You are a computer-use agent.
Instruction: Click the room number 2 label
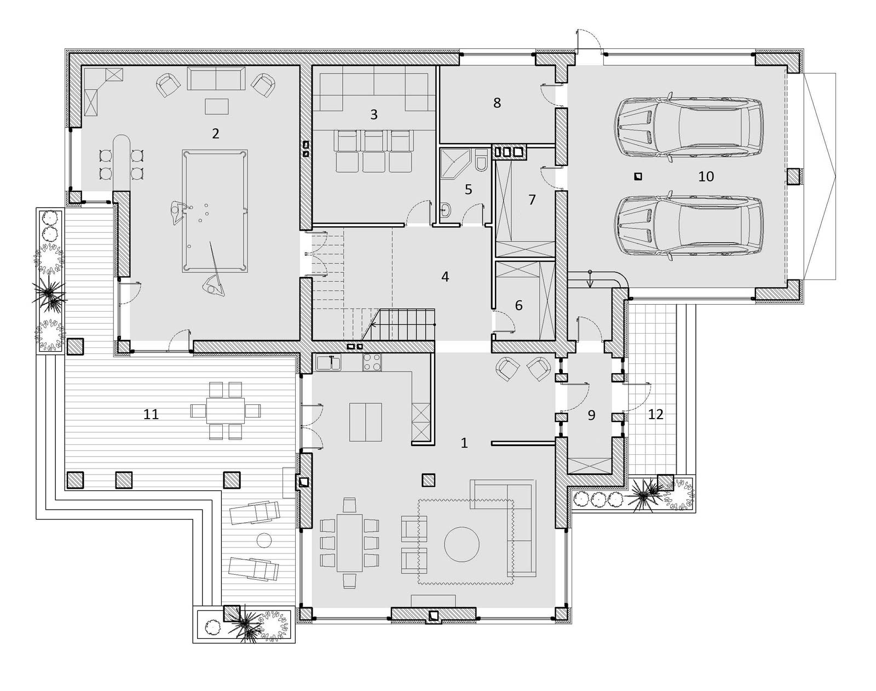[x=215, y=134]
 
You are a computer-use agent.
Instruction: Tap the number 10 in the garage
[x=706, y=176]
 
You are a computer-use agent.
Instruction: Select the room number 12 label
[x=655, y=414]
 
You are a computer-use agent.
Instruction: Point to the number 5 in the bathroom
[x=468, y=189]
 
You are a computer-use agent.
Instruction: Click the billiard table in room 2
[x=215, y=211]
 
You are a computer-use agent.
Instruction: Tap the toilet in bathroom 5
[x=481, y=161]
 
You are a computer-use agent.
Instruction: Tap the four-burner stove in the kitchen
[x=372, y=363]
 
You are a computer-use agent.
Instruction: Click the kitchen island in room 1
[x=366, y=422]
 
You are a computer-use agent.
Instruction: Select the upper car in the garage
[x=689, y=128]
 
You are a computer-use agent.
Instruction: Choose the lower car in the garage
[x=689, y=226]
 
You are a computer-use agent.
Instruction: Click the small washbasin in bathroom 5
[x=446, y=209]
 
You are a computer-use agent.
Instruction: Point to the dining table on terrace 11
[x=226, y=410]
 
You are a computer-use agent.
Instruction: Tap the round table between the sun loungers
[x=264, y=540]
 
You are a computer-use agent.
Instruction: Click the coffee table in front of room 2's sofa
[x=217, y=106]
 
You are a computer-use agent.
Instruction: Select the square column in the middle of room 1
[x=428, y=480]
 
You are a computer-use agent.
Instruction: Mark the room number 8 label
[x=497, y=103]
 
